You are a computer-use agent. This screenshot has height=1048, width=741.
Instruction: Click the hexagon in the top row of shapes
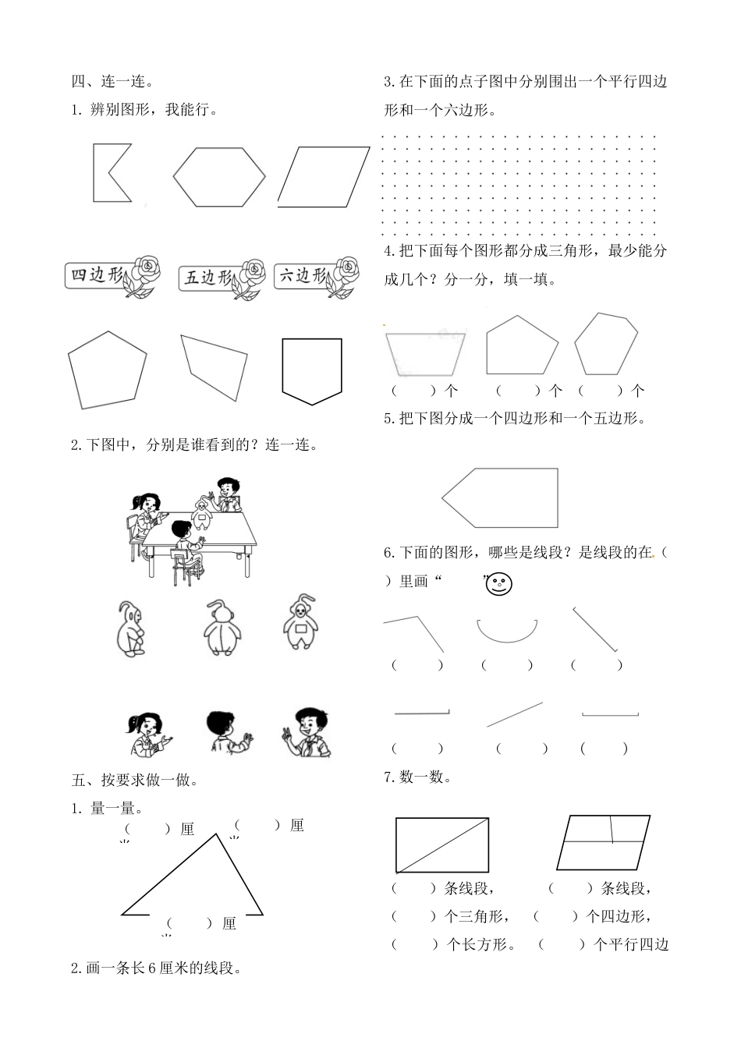tap(219, 177)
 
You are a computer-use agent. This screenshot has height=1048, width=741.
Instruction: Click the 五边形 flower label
tap(207, 277)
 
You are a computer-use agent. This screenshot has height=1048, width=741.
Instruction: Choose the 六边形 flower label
tap(303, 276)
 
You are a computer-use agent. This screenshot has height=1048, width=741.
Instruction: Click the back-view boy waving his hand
tap(226, 731)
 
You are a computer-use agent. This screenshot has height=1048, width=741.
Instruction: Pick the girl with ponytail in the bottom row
tap(146, 734)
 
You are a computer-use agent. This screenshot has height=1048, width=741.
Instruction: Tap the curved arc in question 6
tap(507, 630)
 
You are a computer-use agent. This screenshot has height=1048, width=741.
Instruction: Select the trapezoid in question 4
tap(425, 353)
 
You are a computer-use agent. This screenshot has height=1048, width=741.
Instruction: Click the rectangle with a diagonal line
tap(442, 844)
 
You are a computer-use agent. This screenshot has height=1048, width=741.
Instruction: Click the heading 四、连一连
tap(112, 81)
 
